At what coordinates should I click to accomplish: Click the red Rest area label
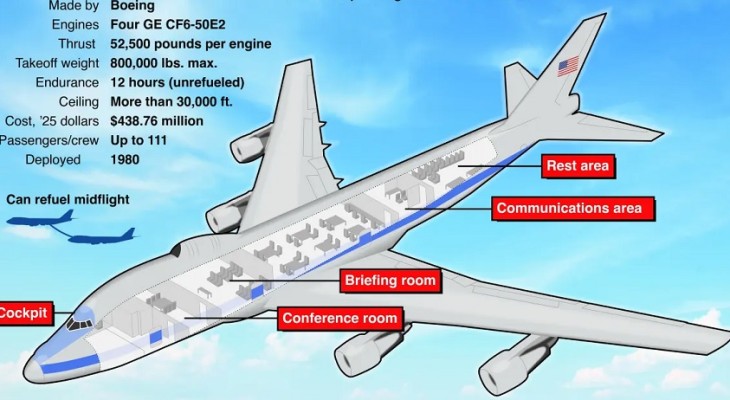pos(577,165)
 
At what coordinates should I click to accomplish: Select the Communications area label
pos(575,209)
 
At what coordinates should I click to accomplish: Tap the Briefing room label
pos(390,281)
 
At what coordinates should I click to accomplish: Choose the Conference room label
pos(340,319)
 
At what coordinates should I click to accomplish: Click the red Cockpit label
pos(22,313)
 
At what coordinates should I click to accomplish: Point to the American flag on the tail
pos(568,67)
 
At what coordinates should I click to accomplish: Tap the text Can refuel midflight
pos(68,199)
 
